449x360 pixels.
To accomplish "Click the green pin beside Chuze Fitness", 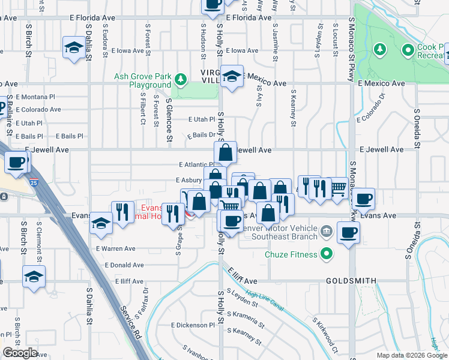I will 327,254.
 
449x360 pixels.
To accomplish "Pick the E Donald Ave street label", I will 124,265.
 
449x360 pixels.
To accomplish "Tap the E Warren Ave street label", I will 116,248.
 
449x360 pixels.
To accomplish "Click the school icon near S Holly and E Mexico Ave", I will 232,76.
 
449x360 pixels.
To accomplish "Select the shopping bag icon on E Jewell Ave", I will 225,152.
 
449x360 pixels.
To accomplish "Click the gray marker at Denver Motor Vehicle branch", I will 326,231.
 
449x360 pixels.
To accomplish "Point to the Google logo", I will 20,353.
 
